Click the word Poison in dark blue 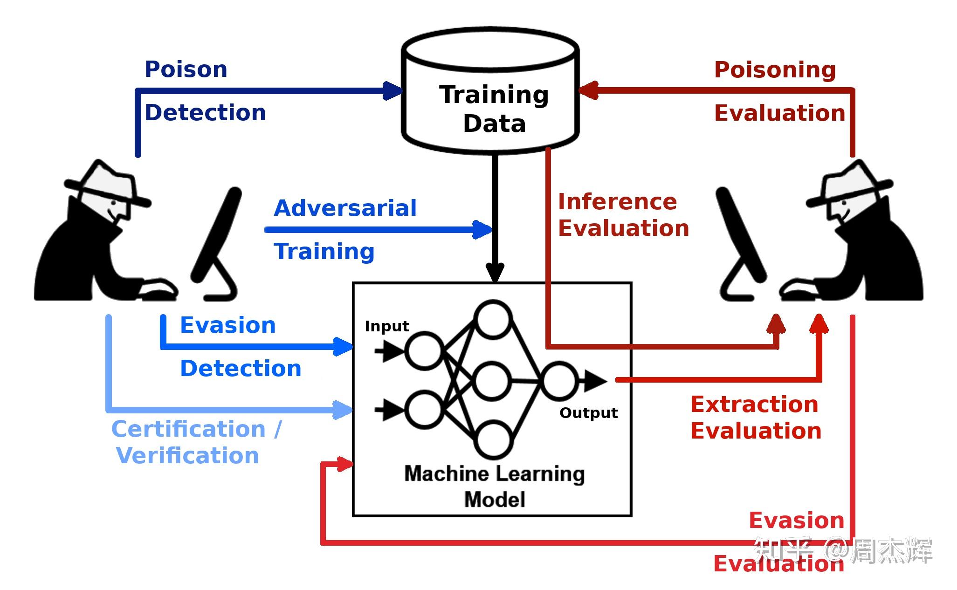(186, 69)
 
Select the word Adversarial (345, 208)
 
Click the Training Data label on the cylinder (494, 109)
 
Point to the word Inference (617, 202)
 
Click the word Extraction (754, 405)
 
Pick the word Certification (188, 429)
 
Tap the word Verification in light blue (187, 455)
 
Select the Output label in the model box (589, 413)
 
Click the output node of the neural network (559, 381)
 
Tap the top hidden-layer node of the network (493, 320)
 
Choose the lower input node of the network (424, 410)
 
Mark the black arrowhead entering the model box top (495, 272)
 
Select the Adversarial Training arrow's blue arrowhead (482, 229)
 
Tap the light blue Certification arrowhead (343, 410)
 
